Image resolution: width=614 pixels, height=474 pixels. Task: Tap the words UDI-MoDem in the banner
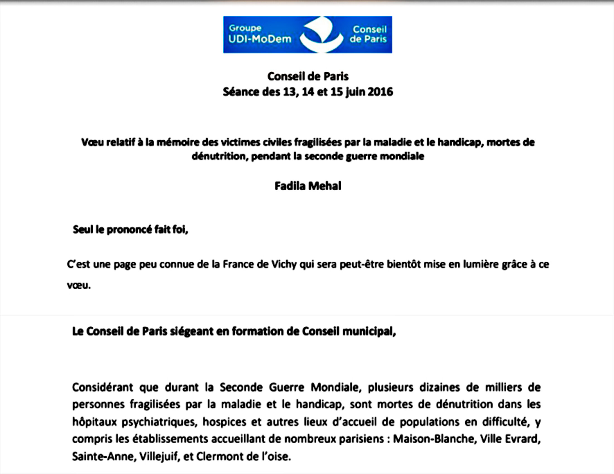click(260, 39)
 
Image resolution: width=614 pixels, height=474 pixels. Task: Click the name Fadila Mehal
click(308, 186)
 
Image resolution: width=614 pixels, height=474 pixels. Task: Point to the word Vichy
click(284, 265)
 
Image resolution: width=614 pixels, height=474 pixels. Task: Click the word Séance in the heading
click(241, 92)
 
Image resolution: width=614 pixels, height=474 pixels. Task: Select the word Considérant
click(102, 387)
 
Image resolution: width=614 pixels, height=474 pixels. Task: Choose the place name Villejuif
click(159, 456)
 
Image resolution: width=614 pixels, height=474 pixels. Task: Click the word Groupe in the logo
click(245, 28)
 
